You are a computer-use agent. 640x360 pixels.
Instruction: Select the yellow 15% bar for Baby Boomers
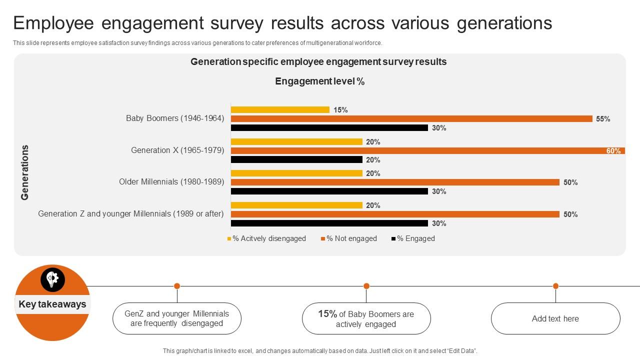pyautogui.click(x=280, y=110)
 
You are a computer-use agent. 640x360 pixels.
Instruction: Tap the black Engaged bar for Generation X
pyautogui.click(x=296, y=160)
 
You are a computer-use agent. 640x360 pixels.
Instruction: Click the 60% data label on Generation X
pyautogui.click(x=613, y=151)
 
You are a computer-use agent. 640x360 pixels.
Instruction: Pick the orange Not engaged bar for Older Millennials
pyautogui.click(x=395, y=182)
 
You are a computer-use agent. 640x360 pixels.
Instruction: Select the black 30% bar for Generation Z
pyautogui.click(x=329, y=223)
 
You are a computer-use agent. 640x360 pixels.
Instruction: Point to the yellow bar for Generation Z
pyautogui.click(x=296, y=205)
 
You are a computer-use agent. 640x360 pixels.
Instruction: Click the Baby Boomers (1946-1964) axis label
pyautogui.click(x=175, y=118)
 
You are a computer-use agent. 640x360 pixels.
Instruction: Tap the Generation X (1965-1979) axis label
pyautogui.click(x=177, y=150)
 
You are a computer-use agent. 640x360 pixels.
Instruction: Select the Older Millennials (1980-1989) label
pyautogui.click(x=171, y=182)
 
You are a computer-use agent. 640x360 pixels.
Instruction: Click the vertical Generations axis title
pyautogui.click(x=25, y=172)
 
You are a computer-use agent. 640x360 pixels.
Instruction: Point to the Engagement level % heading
pyautogui.click(x=319, y=81)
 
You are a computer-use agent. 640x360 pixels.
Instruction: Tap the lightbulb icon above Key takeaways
pyautogui.click(x=52, y=279)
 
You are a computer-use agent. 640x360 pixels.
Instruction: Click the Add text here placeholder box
pyautogui.click(x=555, y=318)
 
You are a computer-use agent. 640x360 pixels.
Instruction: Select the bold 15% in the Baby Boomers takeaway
pyautogui.click(x=327, y=314)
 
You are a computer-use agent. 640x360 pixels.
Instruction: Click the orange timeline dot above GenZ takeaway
pyautogui.click(x=177, y=286)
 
